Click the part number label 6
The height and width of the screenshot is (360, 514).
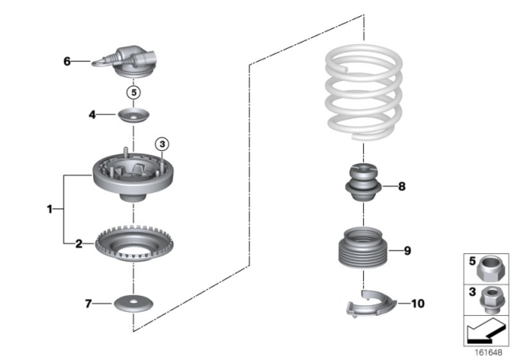coord(67,60)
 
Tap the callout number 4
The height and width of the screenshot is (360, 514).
coord(92,116)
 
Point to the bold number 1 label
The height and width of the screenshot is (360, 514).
coord(49,209)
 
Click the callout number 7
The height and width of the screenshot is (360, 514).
coord(89,303)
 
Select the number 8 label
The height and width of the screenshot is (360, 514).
coord(402,188)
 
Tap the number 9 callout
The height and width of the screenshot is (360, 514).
coord(407,251)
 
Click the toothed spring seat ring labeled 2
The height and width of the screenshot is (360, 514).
coord(133,244)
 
